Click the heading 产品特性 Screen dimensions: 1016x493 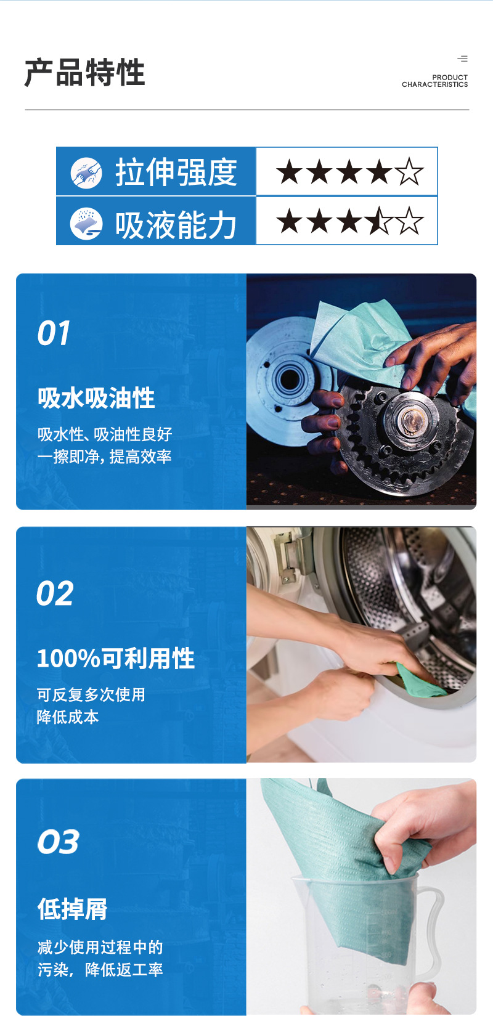pyautogui.click(x=84, y=73)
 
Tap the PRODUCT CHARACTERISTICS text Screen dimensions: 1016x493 pyautogui.click(x=434, y=81)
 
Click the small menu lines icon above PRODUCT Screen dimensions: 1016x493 pyautogui.click(x=462, y=59)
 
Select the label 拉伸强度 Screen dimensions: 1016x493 pyautogui.click(x=176, y=172)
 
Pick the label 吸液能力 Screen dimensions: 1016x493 pyautogui.click(x=176, y=224)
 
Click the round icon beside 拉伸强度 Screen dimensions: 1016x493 pyautogui.click(x=86, y=172)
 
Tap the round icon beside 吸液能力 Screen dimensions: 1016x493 pyautogui.click(x=86, y=223)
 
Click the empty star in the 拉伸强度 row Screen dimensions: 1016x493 pyautogui.click(x=409, y=172)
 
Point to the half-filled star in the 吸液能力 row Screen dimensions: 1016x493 pyautogui.click(x=380, y=221)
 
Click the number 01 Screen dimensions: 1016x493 pyautogui.click(x=54, y=333)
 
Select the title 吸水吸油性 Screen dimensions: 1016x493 pyautogui.click(x=96, y=398)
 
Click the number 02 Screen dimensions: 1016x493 pyautogui.click(x=55, y=594)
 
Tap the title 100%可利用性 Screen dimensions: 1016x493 pyautogui.click(x=116, y=659)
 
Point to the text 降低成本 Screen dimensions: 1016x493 pyautogui.click(x=68, y=717)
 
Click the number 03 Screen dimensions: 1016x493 pyautogui.click(x=58, y=842)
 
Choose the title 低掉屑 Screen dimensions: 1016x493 pyautogui.click(x=73, y=909)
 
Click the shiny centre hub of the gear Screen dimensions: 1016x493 pyautogui.click(x=409, y=420)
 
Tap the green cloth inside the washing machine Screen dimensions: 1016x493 pyautogui.click(x=419, y=681)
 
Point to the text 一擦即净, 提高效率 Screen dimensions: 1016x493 pyautogui.click(x=104, y=457)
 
